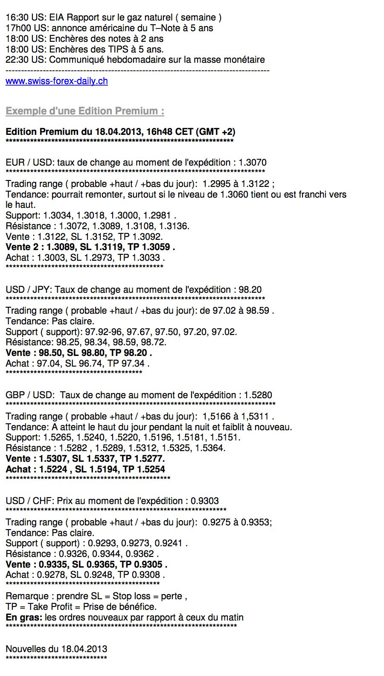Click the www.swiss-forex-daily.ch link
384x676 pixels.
(56, 81)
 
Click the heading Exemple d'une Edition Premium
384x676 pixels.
(84, 111)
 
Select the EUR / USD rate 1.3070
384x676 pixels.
(253, 163)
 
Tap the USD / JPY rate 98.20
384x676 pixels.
(250, 290)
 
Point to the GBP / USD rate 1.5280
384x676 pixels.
(258, 395)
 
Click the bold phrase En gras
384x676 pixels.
(23, 618)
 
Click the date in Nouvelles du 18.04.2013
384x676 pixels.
(84, 649)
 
